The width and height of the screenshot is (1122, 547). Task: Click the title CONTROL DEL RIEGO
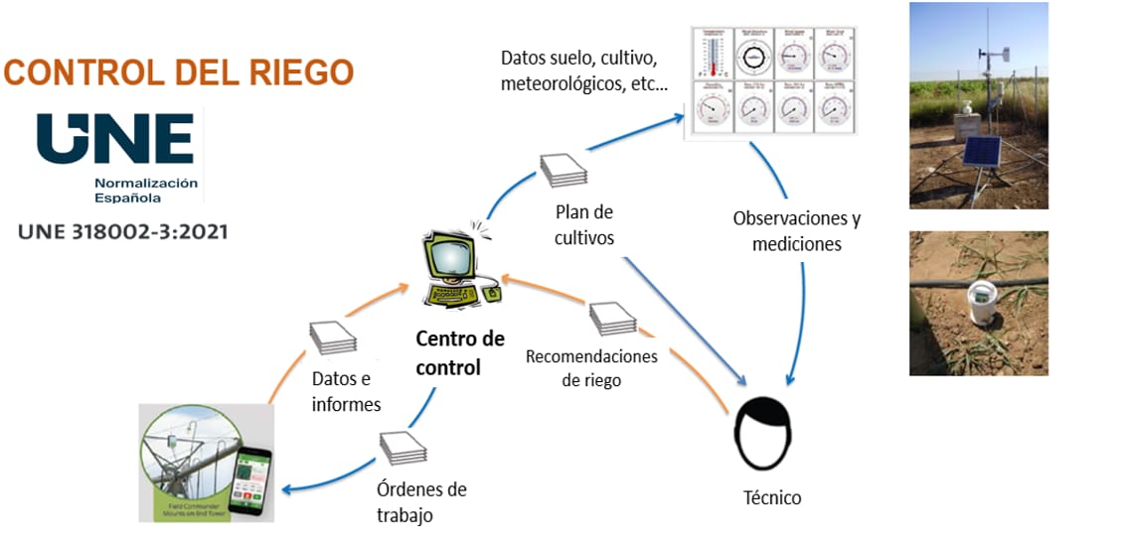(180, 72)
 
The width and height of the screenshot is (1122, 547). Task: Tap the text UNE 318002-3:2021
(123, 232)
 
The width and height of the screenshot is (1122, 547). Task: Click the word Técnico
(772, 496)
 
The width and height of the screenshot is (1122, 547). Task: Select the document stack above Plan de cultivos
(563, 169)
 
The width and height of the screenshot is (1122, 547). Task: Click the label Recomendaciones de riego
(591, 367)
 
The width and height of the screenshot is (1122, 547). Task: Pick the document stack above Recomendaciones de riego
(612, 318)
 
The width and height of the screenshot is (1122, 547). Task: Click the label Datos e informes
(346, 391)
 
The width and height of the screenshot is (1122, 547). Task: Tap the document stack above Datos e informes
(331, 338)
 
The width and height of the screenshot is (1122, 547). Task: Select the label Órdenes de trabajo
(421, 502)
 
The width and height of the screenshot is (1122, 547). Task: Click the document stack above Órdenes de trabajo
(401, 449)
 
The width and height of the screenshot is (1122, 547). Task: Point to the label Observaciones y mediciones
(796, 230)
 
